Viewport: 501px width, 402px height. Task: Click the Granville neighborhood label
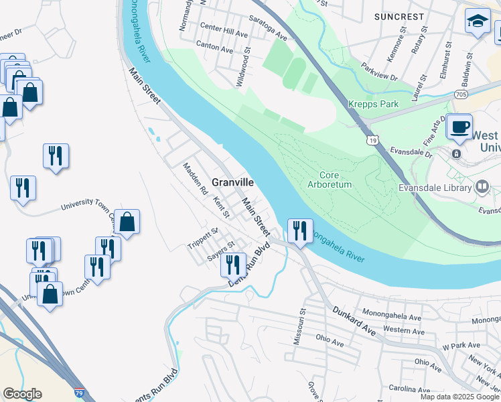[x=233, y=182]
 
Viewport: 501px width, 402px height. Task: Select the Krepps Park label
[x=373, y=104]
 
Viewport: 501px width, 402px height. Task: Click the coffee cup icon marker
[x=459, y=127]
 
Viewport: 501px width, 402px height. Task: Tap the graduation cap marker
[x=478, y=21]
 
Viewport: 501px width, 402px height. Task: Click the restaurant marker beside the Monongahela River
[x=299, y=230]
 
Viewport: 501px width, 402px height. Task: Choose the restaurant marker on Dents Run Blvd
[x=233, y=265]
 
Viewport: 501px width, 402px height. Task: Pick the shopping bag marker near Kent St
[x=127, y=222]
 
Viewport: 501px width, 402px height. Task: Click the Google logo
[x=23, y=394]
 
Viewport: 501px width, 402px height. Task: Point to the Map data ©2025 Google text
[x=459, y=397]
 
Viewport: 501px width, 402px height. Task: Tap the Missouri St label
[x=299, y=327]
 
